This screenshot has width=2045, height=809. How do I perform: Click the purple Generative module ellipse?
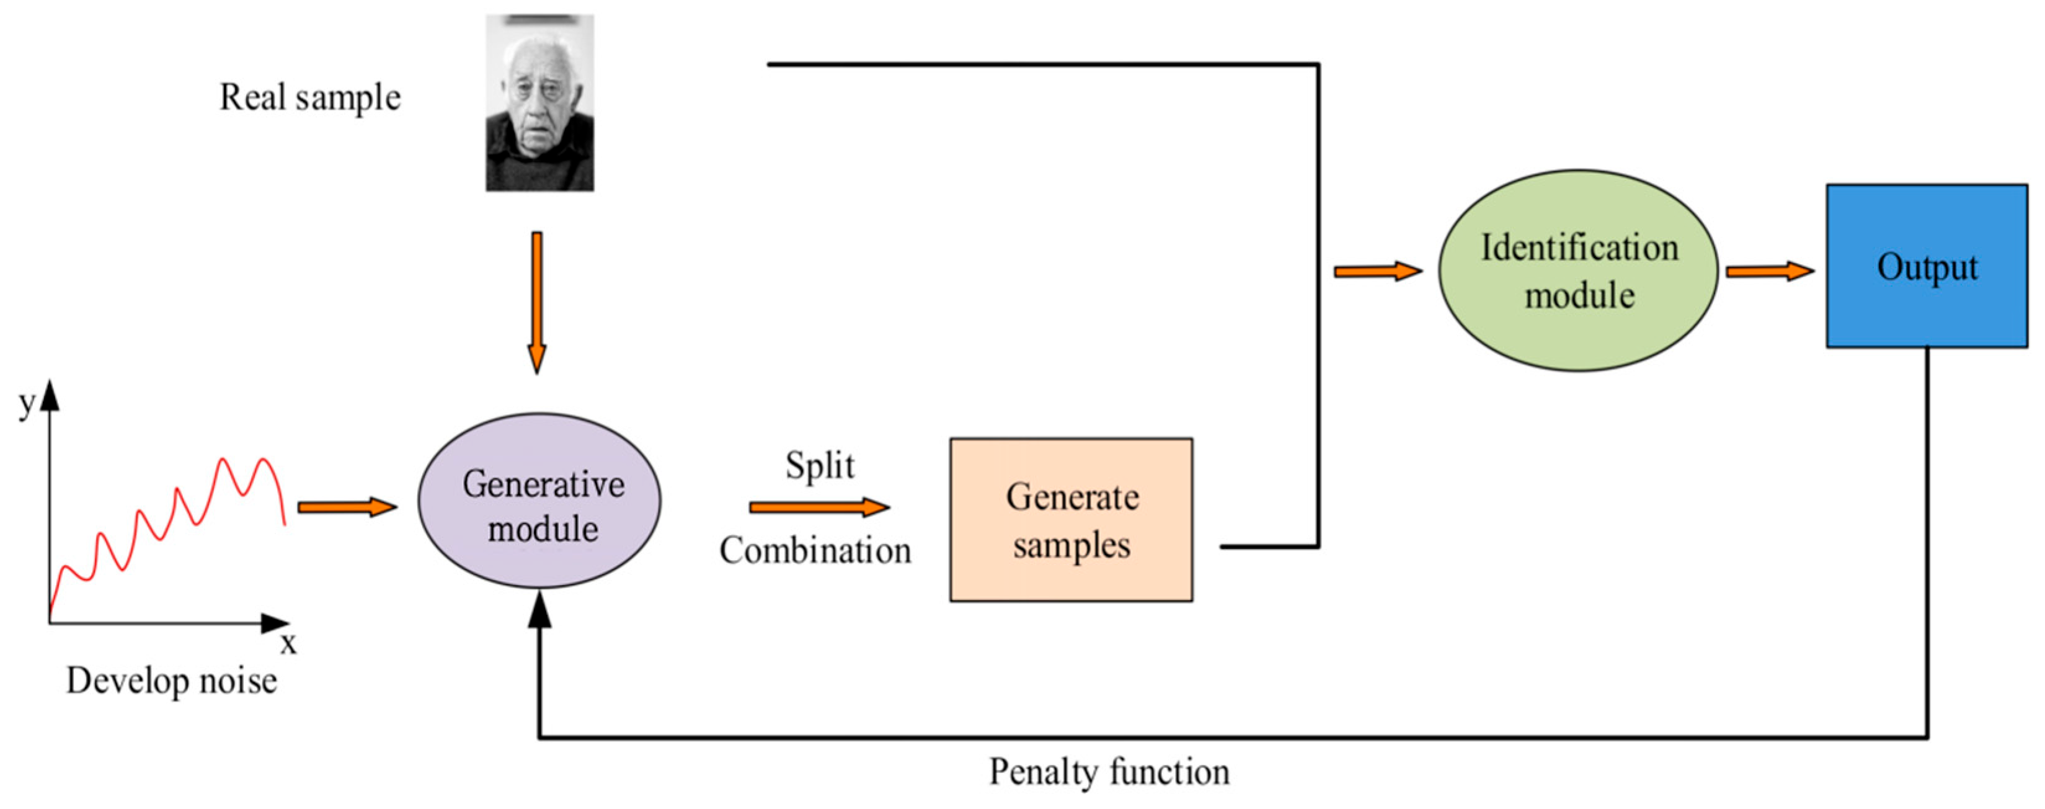tap(540, 500)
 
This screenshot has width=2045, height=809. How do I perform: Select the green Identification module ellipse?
tap(1578, 270)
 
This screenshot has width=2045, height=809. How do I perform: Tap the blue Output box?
tap(1927, 266)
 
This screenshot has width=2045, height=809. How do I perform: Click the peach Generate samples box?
tap(1071, 519)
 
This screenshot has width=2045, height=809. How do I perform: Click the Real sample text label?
tap(309, 97)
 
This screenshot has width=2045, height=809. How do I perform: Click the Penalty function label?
tap(1108, 772)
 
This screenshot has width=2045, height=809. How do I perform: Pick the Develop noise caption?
tap(172, 681)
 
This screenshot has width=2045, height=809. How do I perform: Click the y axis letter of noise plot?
tap(26, 403)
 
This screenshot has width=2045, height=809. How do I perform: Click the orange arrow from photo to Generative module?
tap(538, 302)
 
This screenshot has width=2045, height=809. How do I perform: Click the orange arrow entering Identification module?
tap(1377, 272)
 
